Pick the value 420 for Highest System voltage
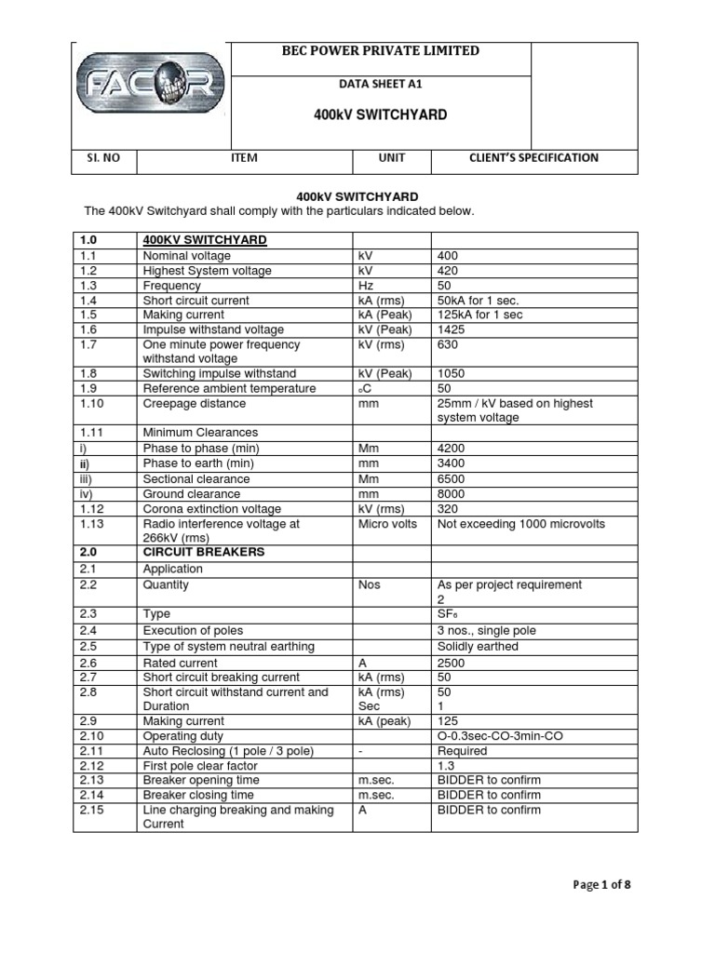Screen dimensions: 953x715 pyautogui.click(x=448, y=271)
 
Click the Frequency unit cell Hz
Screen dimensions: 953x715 pyautogui.click(x=367, y=286)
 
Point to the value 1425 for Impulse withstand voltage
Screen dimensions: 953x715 pyautogui.click(x=452, y=329)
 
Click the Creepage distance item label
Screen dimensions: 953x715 pyautogui.click(x=194, y=403)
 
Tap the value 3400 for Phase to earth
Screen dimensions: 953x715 pyautogui.click(x=452, y=463)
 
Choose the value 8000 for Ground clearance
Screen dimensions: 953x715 pyautogui.click(x=452, y=493)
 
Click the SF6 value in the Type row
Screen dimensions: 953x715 pyautogui.click(x=448, y=615)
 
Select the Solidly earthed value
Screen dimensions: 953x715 pyautogui.click(x=478, y=646)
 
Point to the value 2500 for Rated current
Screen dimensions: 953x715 pyautogui.click(x=452, y=663)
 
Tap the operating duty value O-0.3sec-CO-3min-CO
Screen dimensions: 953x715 pyautogui.click(x=500, y=735)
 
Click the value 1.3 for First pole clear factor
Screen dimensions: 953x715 pyautogui.click(x=446, y=765)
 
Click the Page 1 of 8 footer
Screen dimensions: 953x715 pyautogui.click(x=601, y=884)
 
